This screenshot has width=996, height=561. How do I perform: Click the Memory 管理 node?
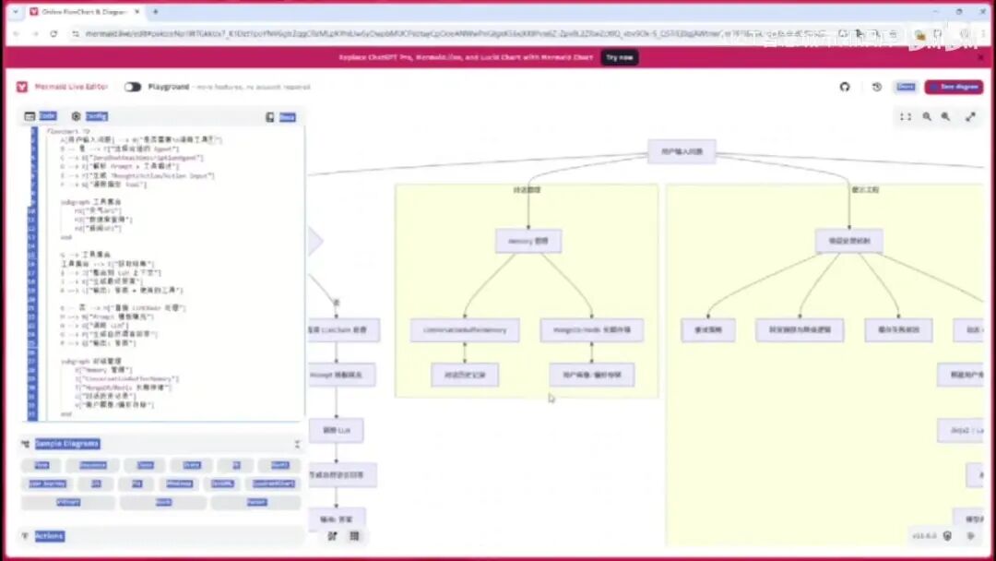click(x=528, y=242)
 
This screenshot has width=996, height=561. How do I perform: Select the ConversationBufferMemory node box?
click(x=465, y=330)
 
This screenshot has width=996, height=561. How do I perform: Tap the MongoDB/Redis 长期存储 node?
click(x=591, y=330)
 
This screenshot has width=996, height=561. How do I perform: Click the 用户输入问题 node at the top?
click(x=682, y=151)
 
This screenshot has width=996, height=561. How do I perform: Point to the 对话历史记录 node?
click(x=465, y=375)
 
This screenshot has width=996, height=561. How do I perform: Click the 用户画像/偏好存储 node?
click(x=591, y=375)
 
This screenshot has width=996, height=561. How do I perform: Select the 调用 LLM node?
click(x=336, y=430)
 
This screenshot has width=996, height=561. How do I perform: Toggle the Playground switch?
click(x=133, y=87)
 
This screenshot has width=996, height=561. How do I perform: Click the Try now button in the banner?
click(x=619, y=57)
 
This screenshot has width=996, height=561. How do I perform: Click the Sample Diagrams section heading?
click(x=66, y=444)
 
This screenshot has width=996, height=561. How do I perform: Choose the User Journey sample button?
click(x=48, y=483)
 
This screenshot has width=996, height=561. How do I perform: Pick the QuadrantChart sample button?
click(x=273, y=483)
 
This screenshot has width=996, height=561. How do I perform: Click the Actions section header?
click(x=49, y=536)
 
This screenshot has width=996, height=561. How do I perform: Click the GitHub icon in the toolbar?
click(x=844, y=87)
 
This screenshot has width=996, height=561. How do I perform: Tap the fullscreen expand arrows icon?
click(x=970, y=117)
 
